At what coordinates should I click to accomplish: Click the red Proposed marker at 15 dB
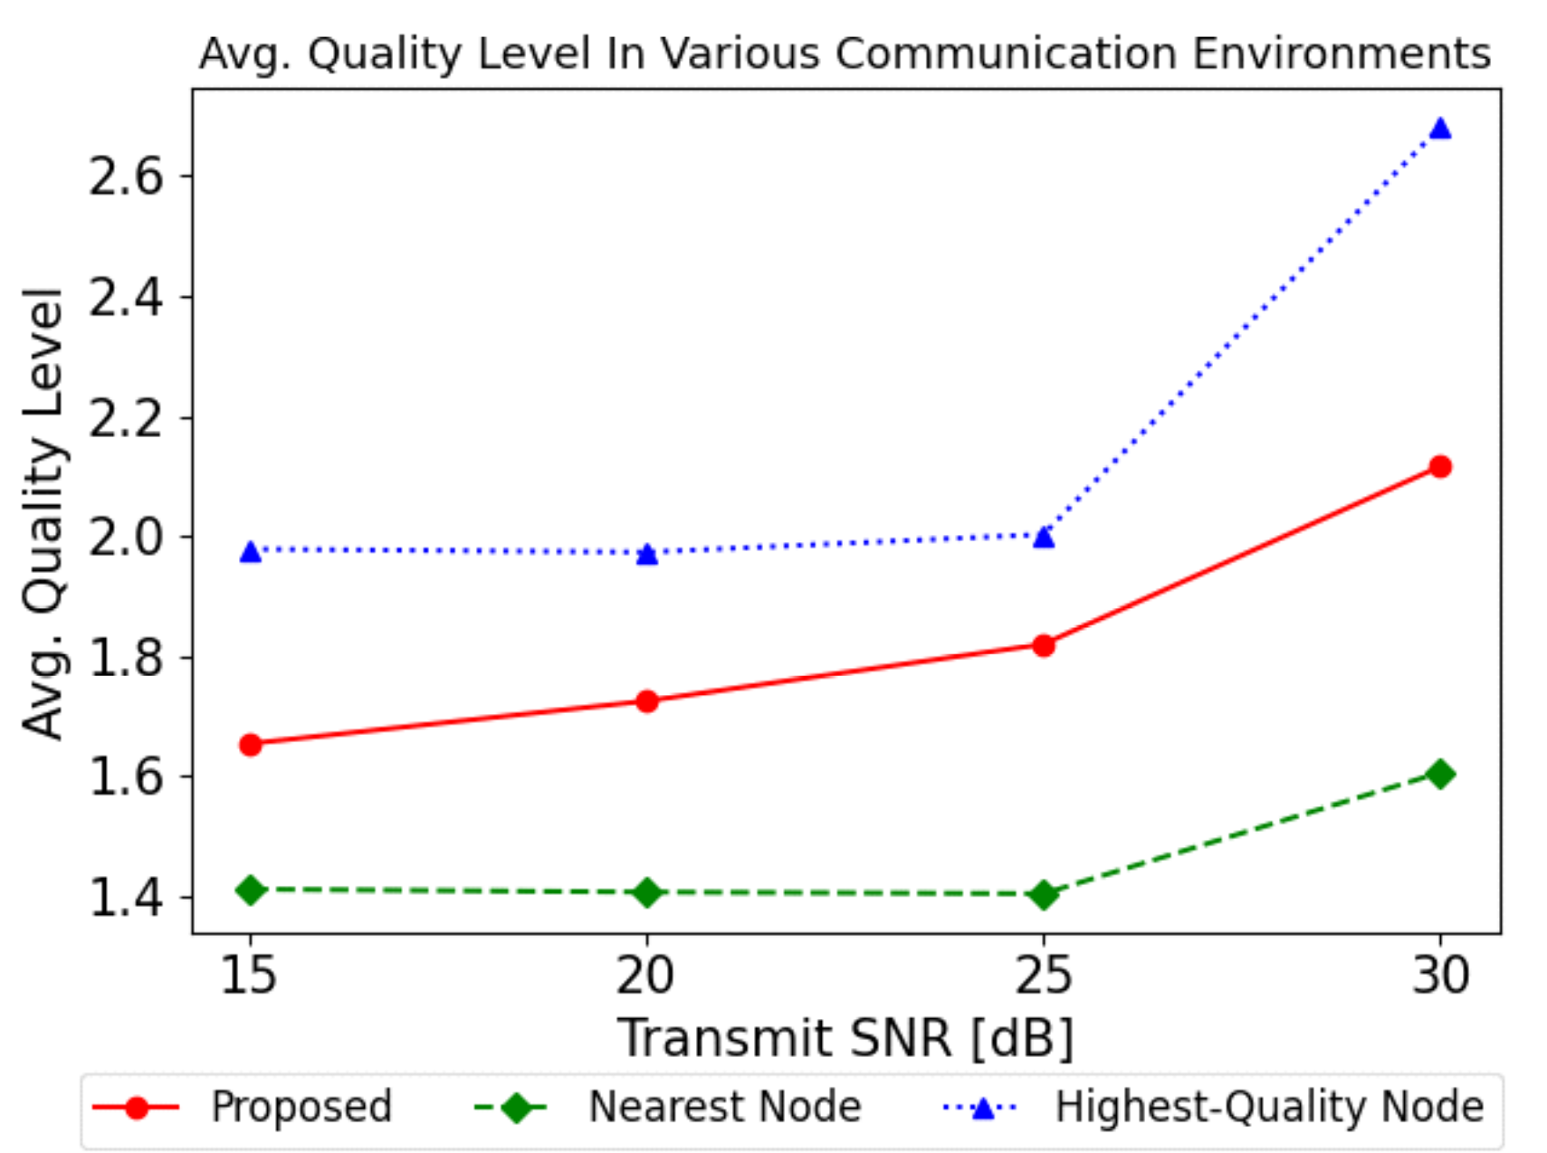pyautogui.click(x=251, y=745)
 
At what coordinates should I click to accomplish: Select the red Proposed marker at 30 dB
pyautogui.click(x=1440, y=467)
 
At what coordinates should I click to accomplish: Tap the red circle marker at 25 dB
pyautogui.click(x=1044, y=645)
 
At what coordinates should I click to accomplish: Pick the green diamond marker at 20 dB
pyautogui.click(x=647, y=893)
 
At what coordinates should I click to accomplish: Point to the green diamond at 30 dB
pyautogui.click(x=1440, y=774)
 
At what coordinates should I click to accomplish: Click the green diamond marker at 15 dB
pyautogui.click(x=251, y=891)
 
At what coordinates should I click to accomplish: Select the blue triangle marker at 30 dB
pyautogui.click(x=1440, y=129)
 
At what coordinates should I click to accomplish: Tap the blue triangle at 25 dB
pyautogui.click(x=1044, y=538)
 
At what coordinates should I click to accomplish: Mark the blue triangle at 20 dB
pyautogui.click(x=647, y=554)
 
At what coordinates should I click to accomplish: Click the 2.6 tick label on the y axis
pyautogui.click(x=126, y=176)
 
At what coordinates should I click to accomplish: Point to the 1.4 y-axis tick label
pyautogui.click(x=126, y=897)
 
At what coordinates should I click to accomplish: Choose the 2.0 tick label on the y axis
pyautogui.click(x=126, y=537)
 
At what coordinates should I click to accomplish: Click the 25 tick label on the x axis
pyautogui.click(x=1044, y=976)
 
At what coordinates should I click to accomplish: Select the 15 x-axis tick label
pyautogui.click(x=249, y=976)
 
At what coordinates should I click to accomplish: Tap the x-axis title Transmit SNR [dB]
pyautogui.click(x=845, y=1037)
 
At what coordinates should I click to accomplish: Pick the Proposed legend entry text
pyautogui.click(x=301, y=1107)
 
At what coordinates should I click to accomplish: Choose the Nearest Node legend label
pyautogui.click(x=724, y=1107)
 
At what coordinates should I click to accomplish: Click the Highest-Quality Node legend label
pyautogui.click(x=1269, y=1107)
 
